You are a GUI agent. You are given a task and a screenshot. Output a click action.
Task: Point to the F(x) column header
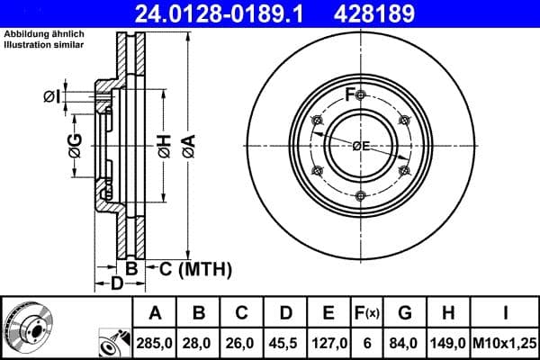[367, 313]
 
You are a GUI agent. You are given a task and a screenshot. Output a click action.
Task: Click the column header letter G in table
[406, 313]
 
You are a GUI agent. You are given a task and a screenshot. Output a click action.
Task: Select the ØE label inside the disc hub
[360, 146]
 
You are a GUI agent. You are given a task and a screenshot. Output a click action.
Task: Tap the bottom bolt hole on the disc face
[360, 195]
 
